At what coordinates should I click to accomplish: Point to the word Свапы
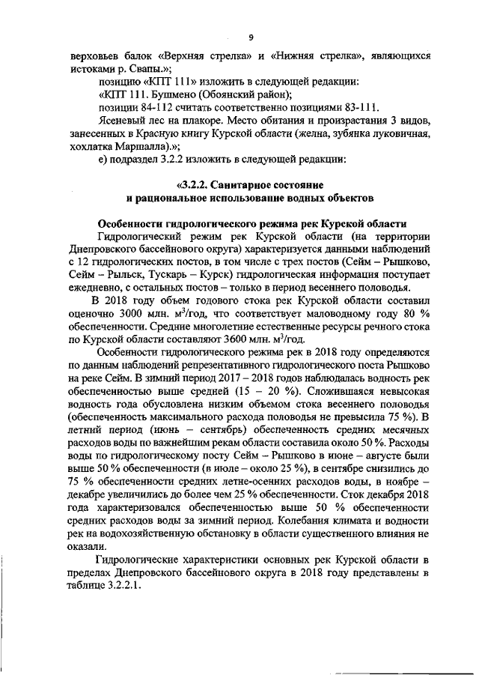coord(147,67)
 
